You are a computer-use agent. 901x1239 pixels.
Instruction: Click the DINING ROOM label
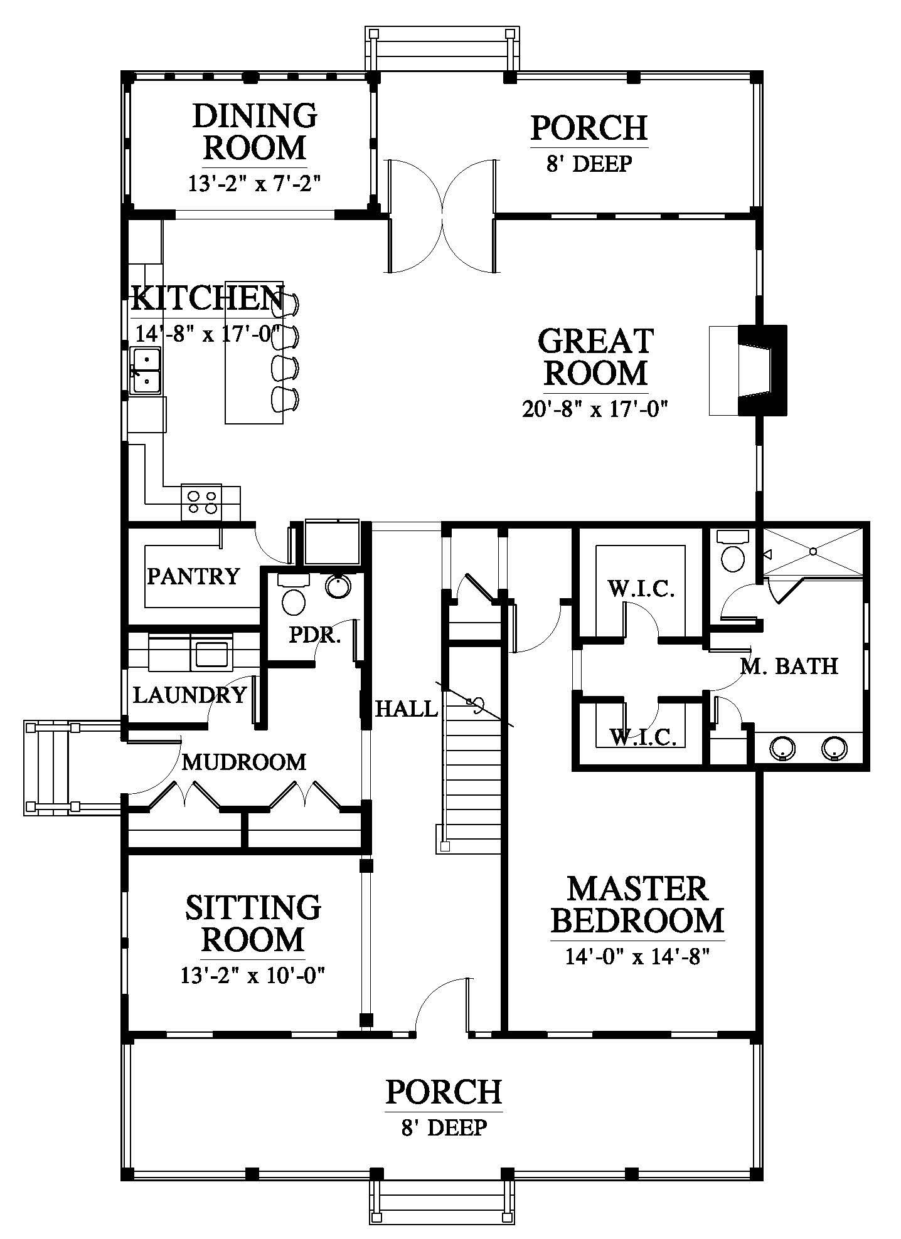point(255,132)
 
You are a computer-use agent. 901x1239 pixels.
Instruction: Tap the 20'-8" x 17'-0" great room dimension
point(594,409)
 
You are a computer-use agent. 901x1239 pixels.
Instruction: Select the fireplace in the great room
point(748,370)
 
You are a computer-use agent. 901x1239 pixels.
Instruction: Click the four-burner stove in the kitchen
point(201,502)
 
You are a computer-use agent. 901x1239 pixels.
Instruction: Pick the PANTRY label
point(193,576)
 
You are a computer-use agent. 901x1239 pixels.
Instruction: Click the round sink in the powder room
point(339,586)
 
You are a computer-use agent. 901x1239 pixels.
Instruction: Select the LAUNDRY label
point(189,695)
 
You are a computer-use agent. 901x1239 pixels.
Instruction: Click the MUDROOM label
point(244,762)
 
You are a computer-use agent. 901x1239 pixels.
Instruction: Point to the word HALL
point(405,709)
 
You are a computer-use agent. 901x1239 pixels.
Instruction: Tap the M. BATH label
point(789,665)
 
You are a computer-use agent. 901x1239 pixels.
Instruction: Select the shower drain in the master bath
point(813,551)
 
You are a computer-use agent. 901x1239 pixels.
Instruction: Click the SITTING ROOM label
point(253,924)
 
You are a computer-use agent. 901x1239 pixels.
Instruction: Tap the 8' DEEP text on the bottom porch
point(444,1128)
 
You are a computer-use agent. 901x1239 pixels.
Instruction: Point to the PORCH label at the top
point(589,128)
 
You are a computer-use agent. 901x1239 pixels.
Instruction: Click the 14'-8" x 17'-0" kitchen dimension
point(206,334)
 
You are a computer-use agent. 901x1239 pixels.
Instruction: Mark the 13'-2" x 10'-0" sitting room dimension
point(254,976)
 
